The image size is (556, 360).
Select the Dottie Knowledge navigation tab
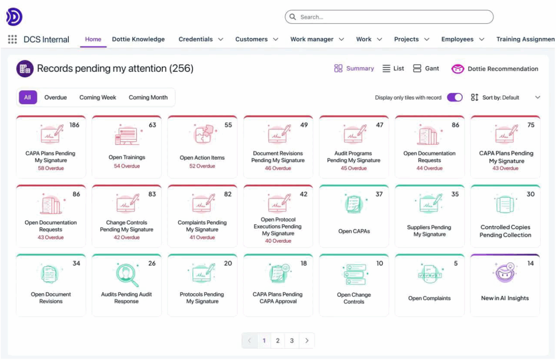coord(138,39)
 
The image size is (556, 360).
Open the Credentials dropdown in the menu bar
coord(201,39)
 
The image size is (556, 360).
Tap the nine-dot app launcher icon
coord(13,39)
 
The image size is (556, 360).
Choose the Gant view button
coord(426,69)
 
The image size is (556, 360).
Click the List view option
coord(393,69)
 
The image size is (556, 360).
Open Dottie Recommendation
coord(495,69)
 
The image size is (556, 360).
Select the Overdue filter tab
coord(56,97)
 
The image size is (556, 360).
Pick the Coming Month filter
coord(148,97)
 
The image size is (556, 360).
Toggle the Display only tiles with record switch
coord(455,97)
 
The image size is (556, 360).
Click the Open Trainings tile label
coord(127,157)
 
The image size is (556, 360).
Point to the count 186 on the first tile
coord(74,125)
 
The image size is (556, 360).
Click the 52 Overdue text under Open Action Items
coord(202,166)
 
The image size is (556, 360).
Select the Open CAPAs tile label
coord(354,231)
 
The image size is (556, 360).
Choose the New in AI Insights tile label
coord(505,298)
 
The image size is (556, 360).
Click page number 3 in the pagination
coord(291,340)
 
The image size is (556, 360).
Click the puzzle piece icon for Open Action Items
coord(203,134)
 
